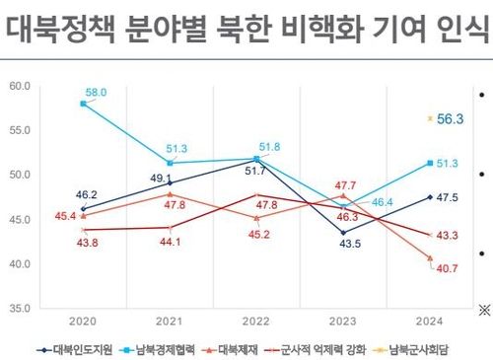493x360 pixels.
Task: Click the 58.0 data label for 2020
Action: [x=96, y=92]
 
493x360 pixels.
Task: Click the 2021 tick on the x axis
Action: [x=170, y=322]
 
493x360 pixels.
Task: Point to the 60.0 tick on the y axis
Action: [x=19, y=86]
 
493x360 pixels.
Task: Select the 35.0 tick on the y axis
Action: [x=19, y=309]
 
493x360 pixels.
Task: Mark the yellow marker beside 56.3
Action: [x=430, y=118]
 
